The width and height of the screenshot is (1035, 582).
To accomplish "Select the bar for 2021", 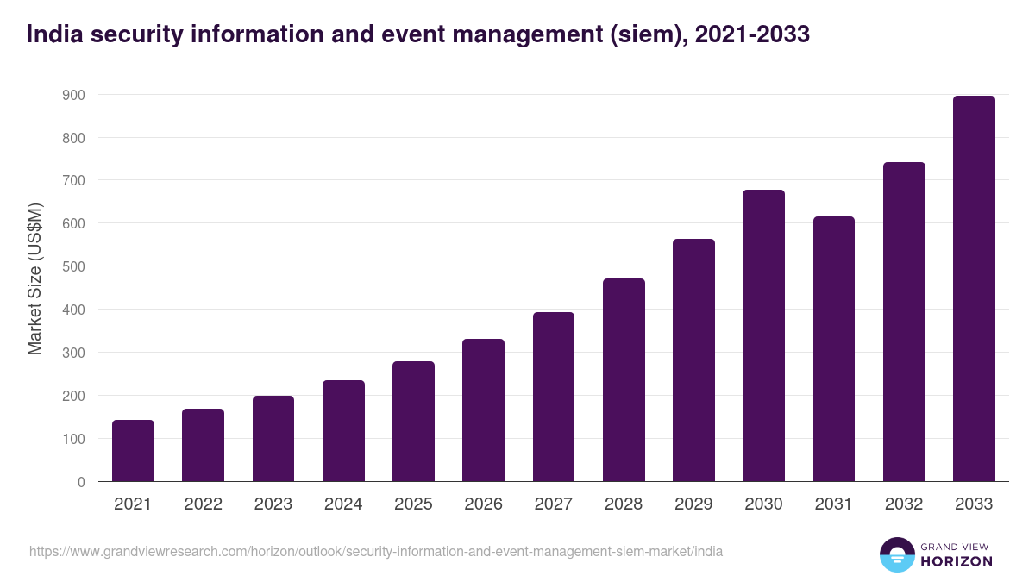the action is [x=133, y=451].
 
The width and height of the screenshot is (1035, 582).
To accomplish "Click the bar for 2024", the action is [x=343, y=431].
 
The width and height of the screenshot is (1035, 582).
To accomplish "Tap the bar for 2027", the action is [x=554, y=397].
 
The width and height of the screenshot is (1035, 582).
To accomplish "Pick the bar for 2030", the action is [x=763, y=335].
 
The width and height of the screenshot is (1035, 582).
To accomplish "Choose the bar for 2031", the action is [x=834, y=349].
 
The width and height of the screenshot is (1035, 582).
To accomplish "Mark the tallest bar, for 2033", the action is [x=974, y=289].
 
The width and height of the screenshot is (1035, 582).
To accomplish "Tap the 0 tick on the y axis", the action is [x=81, y=482].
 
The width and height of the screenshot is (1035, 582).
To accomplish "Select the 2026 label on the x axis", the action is [x=483, y=504].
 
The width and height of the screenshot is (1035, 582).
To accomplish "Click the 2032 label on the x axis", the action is [x=904, y=504].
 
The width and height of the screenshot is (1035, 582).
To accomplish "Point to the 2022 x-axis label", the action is [x=203, y=504].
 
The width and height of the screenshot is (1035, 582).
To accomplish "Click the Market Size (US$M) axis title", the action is [x=34, y=278].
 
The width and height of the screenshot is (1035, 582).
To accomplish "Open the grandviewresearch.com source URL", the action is [x=376, y=551].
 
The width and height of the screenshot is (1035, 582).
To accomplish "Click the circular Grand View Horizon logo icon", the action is [x=897, y=554].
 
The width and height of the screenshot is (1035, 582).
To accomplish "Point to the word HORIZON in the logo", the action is [x=957, y=561].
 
